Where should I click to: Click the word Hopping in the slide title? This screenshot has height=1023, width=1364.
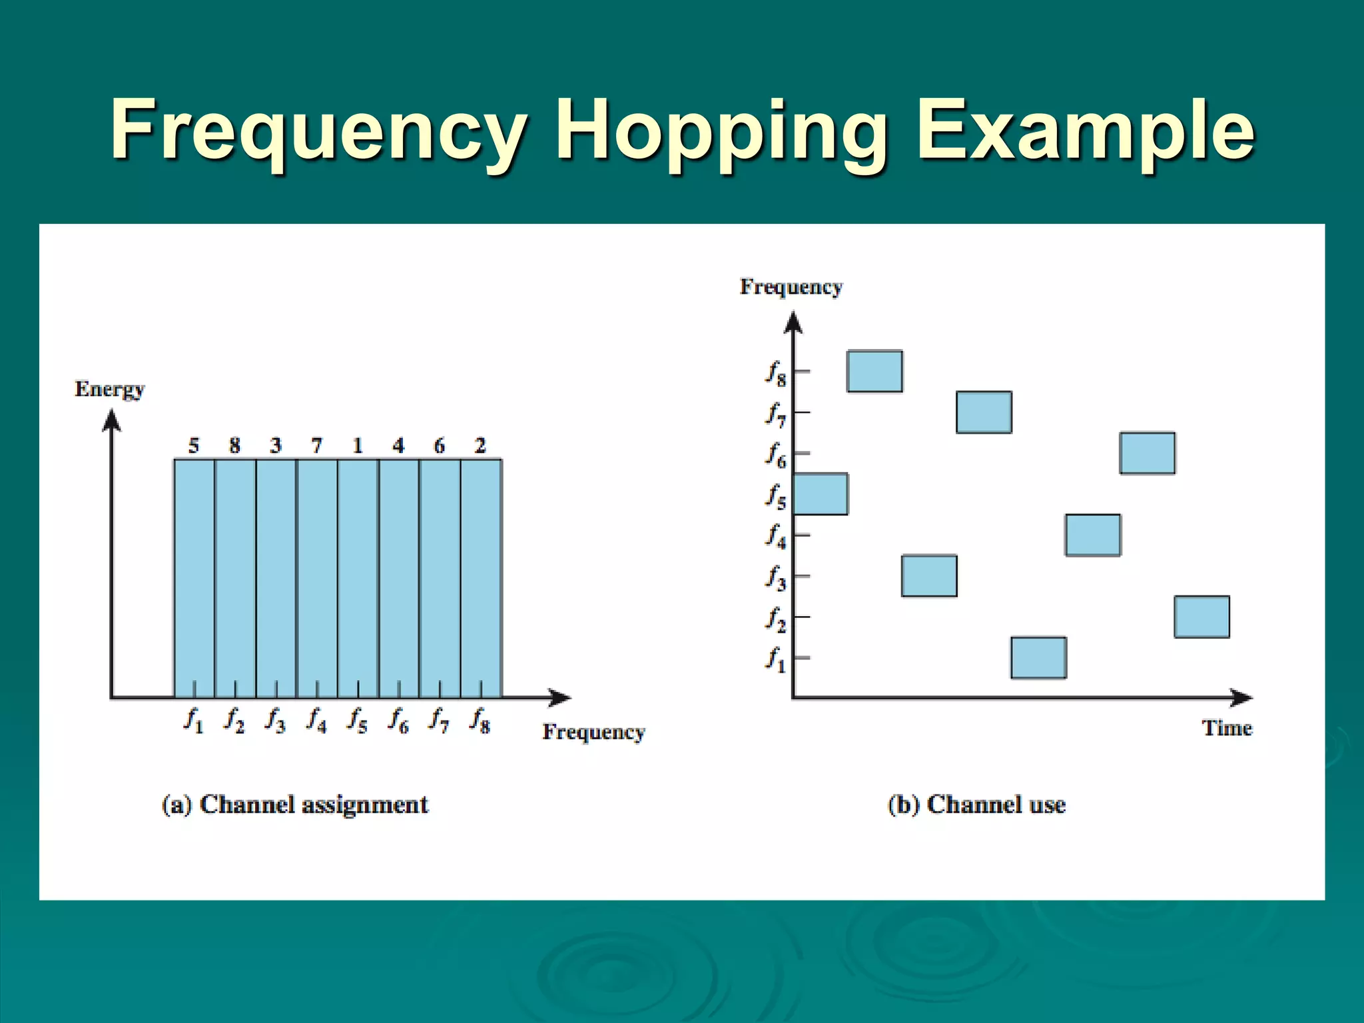coord(723,131)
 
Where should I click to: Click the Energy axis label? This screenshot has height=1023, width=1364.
coord(109,389)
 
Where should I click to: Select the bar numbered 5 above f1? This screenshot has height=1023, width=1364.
coord(194,578)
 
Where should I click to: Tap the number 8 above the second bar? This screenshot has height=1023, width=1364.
coord(234,446)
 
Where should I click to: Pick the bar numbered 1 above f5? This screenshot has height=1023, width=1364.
coord(358,578)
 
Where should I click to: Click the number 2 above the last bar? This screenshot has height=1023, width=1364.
coord(480,446)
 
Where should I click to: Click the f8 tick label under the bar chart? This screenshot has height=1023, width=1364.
coord(480,720)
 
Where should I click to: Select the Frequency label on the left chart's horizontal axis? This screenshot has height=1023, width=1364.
coord(593,732)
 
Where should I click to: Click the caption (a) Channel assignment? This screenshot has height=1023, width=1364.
coord(295,805)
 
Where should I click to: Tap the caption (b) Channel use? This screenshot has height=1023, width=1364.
coord(976,805)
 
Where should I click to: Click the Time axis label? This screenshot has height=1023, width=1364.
coord(1227,728)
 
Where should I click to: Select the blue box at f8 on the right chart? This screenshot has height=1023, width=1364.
coord(874,371)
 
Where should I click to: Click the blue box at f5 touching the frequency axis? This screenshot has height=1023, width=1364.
coord(821,494)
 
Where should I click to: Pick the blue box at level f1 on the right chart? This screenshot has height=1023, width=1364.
coord(1038,657)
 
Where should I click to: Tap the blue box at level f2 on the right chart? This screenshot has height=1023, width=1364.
coord(1201,617)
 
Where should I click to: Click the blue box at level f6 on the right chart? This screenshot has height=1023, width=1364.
coord(1147,453)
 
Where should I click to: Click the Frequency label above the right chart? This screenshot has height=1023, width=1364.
coord(791,287)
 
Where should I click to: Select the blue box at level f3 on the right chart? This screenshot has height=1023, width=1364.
coord(929,575)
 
